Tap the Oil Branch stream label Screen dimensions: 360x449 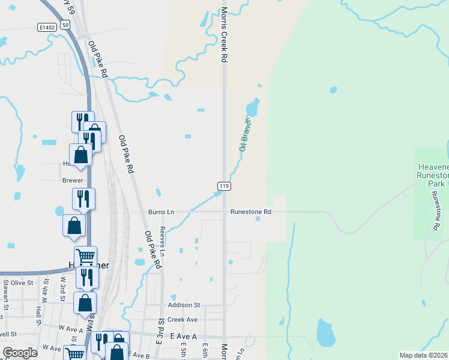click(246, 134)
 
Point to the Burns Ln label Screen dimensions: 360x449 click(161, 212)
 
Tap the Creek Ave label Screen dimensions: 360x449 click(182, 320)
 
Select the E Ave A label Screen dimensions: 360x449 click(183, 337)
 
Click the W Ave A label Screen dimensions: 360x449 click(71, 329)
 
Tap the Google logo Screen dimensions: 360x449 click(20, 353)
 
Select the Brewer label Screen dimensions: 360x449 click(73, 180)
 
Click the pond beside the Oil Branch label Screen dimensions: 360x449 click(252, 108)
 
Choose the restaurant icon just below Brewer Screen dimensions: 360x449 click(83, 199)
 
